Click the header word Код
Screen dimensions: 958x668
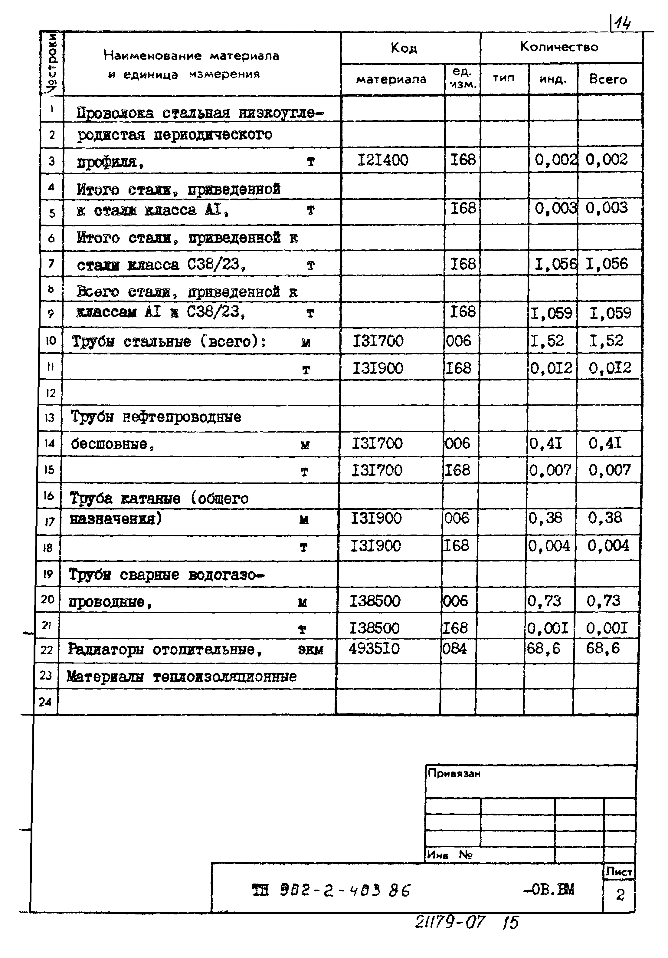coord(404,48)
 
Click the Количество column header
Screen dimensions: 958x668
coord(559,47)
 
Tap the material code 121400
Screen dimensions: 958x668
coord(383,160)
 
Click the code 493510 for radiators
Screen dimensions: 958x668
coord(374,648)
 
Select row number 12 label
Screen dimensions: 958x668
coord(51,393)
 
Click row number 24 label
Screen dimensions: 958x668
coord(45,702)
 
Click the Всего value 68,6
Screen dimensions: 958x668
coord(603,648)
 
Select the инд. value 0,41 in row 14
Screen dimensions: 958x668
coord(546,443)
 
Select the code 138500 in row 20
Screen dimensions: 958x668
coord(375,601)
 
